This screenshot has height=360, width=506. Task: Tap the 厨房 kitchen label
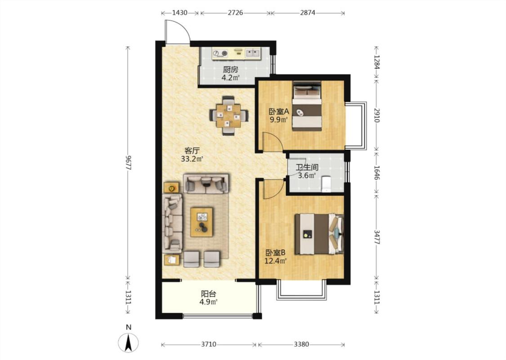click(x=230, y=69)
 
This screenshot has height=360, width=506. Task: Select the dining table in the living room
click(x=228, y=116)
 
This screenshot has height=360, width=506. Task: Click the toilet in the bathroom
click(x=327, y=184)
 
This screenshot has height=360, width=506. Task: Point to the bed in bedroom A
click(x=307, y=106)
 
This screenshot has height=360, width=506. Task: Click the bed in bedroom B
click(x=319, y=234)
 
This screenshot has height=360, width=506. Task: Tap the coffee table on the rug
click(x=202, y=222)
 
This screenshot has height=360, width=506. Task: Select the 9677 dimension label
click(x=129, y=163)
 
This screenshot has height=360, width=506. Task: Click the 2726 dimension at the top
click(x=235, y=13)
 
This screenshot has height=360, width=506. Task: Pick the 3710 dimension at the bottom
click(x=208, y=344)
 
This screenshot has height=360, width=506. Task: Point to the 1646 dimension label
click(x=376, y=173)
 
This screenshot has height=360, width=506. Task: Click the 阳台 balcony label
click(x=208, y=294)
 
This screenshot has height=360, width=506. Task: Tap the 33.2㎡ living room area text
click(x=192, y=159)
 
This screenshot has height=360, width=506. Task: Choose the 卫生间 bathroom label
click(x=307, y=167)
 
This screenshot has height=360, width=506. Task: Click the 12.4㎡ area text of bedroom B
click(x=276, y=261)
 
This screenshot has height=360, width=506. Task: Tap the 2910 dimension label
click(x=376, y=115)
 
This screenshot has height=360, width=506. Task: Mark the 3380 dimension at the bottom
click(x=301, y=344)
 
